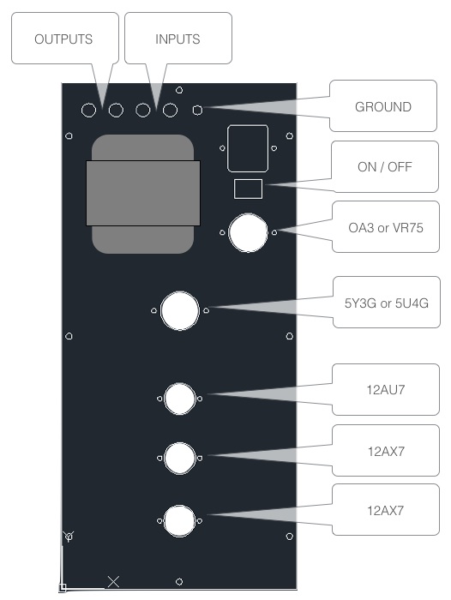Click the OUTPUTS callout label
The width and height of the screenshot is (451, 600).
(63, 39)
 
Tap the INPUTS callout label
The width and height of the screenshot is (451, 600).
(177, 39)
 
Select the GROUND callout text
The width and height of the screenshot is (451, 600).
(383, 107)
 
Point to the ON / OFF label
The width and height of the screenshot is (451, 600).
(385, 167)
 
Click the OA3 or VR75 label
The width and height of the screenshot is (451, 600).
(386, 228)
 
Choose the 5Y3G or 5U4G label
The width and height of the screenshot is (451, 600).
(387, 303)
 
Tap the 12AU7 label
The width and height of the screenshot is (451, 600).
(386, 389)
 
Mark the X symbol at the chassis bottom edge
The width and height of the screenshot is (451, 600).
(113, 582)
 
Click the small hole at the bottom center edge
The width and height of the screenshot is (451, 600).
(179, 582)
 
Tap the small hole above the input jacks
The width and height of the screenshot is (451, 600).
(179, 90)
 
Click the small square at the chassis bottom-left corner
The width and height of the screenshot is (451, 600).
(63, 587)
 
